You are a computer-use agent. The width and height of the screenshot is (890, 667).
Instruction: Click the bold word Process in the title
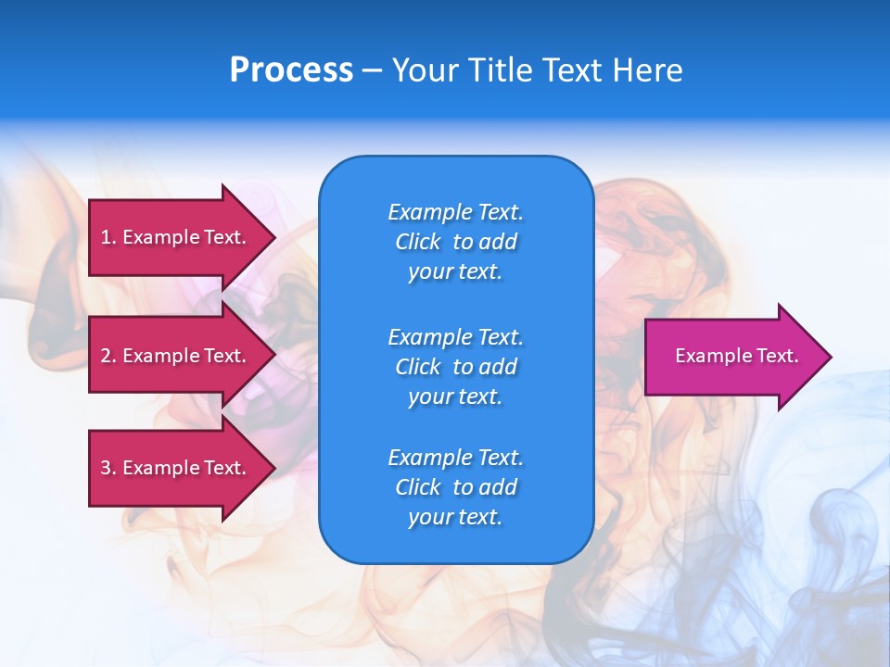pos(291,70)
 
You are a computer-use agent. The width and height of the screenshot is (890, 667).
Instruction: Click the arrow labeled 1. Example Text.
pos(176,237)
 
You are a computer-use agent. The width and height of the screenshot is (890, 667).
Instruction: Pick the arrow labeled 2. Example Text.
pos(176,356)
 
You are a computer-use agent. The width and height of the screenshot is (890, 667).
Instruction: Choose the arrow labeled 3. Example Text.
pos(176,468)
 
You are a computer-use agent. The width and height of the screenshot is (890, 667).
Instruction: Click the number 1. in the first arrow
pos(108,237)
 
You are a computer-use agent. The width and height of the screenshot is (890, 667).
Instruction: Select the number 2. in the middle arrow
pos(108,356)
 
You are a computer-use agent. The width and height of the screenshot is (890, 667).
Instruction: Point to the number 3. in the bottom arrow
pos(108,468)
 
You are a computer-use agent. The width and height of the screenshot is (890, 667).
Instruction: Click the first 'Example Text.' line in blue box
pos(455,212)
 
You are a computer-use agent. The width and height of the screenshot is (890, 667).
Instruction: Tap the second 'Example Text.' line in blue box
pos(455,336)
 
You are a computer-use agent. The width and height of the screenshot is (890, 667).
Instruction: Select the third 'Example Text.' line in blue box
pos(455,458)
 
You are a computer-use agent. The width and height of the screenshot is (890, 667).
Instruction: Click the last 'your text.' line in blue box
pos(455,518)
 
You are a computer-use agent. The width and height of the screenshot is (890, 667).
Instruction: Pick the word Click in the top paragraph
pos(418,242)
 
